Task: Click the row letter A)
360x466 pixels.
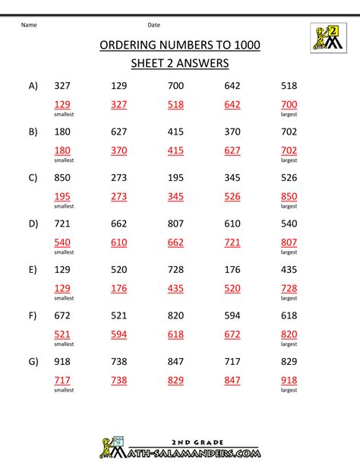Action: click(x=33, y=86)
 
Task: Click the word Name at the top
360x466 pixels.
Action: click(x=29, y=25)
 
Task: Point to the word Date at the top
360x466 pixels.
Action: click(x=153, y=25)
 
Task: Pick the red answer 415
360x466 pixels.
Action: click(x=175, y=150)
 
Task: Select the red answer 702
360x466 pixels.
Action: click(x=289, y=150)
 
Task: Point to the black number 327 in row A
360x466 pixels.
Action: click(x=64, y=86)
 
